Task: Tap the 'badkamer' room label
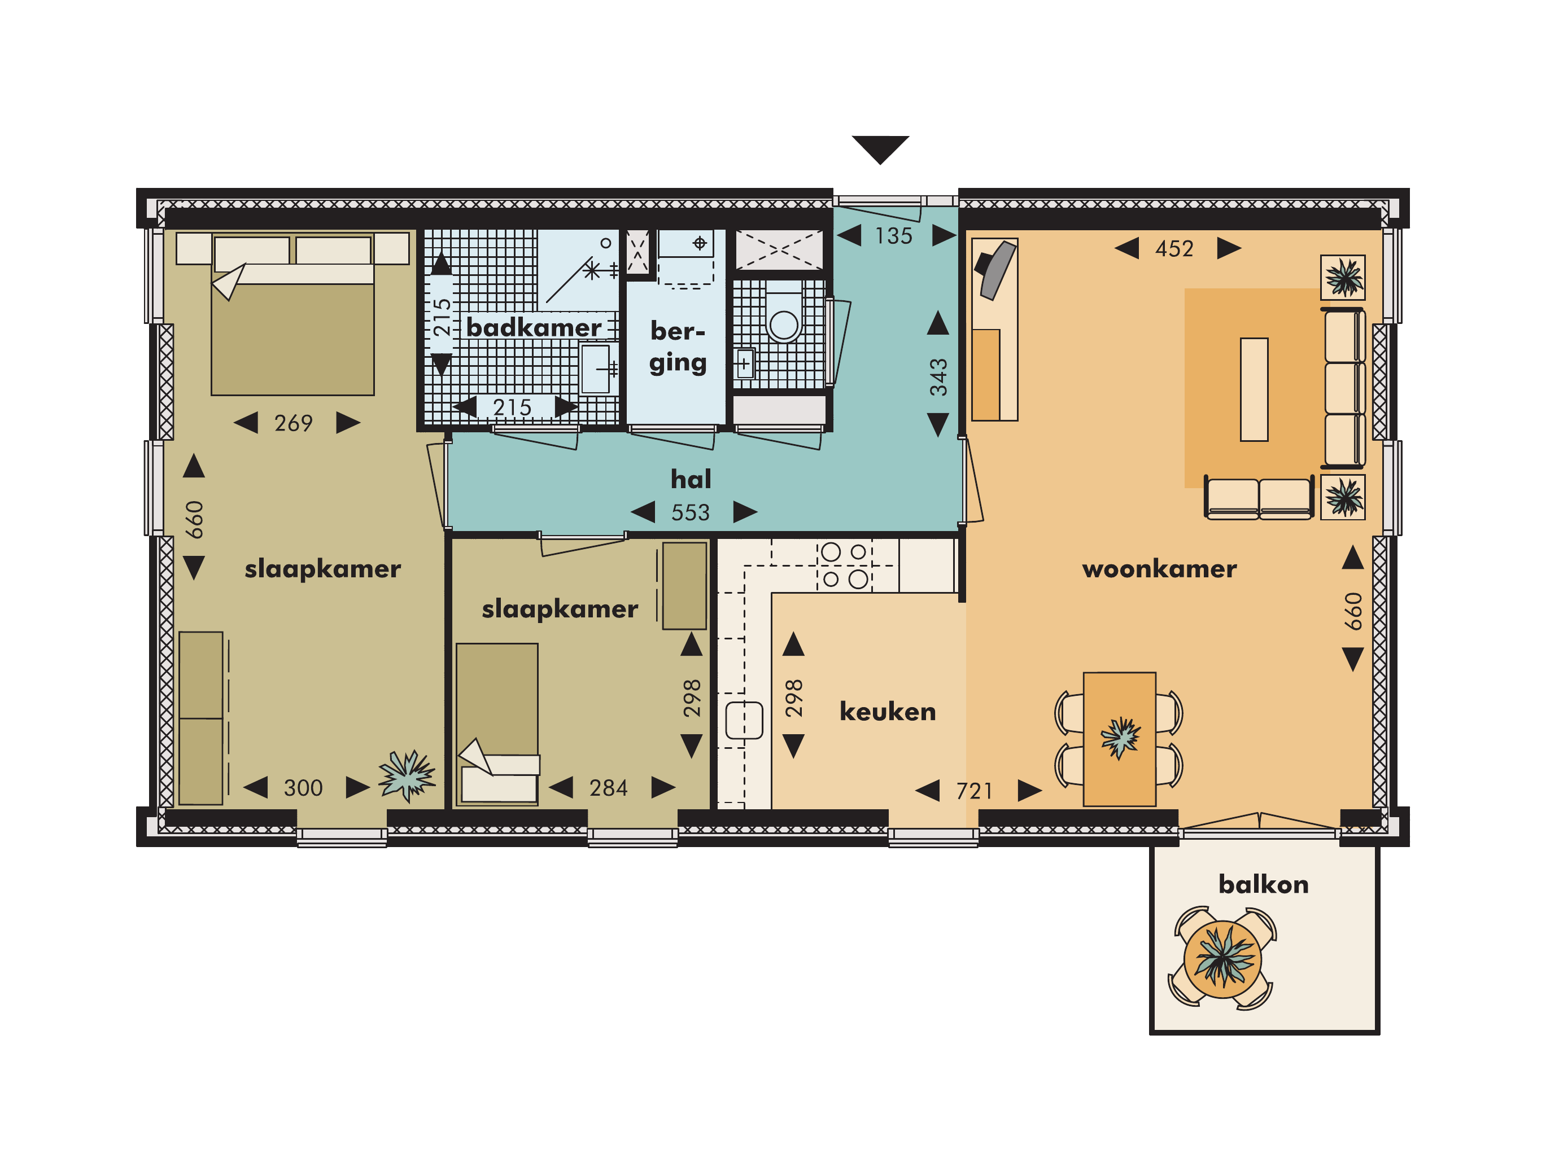coord(533,327)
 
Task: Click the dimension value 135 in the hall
coord(893,236)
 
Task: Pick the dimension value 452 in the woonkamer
coord(1174,249)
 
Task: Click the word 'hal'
coord(691,479)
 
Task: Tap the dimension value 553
coord(691,513)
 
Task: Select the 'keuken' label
coord(887,711)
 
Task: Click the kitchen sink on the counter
coord(744,720)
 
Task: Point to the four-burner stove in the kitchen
coord(844,565)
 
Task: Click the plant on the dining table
coord(1120,737)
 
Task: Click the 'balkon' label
coord(1263,884)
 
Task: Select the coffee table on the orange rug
coord(1254,389)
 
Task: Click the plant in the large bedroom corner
coord(407,774)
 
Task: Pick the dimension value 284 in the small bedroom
coord(608,788)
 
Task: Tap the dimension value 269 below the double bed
coord(294,423)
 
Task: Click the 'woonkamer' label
coord(1159,569)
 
